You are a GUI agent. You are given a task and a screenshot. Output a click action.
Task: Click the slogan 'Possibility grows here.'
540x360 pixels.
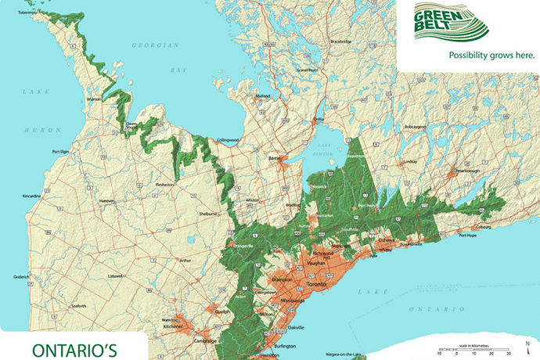point(491,56)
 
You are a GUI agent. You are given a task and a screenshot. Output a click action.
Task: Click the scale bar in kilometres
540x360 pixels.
point(469,349)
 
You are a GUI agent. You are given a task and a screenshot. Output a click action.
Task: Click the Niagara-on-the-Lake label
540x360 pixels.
point(332,355)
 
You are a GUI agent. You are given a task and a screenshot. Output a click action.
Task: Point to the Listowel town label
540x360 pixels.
point(117,275)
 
